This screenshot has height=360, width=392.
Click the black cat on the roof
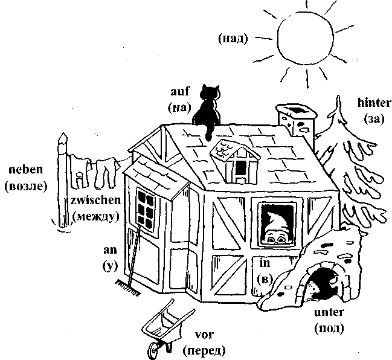209,109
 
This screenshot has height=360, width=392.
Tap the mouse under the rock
326,284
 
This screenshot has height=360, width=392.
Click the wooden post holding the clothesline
61,181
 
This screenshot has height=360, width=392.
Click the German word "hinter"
370,103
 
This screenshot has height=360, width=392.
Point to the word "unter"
329,312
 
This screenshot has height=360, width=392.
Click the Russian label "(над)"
233,40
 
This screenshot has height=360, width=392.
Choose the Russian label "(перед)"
204,350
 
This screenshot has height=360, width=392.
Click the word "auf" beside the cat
180,92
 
